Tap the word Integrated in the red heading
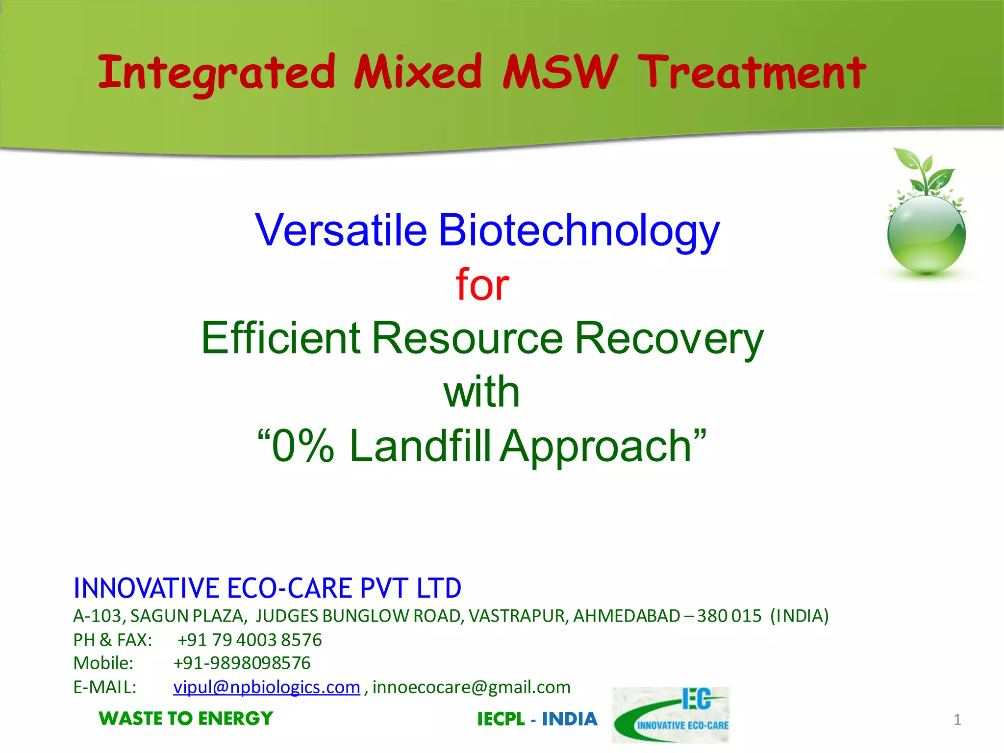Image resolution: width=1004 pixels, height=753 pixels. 216,74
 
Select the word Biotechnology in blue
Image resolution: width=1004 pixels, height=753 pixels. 578,230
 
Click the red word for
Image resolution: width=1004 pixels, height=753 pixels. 482,284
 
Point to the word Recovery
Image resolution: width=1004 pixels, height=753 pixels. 669,338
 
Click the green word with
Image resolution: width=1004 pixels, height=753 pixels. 481,392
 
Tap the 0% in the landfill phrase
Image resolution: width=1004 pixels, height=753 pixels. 303,446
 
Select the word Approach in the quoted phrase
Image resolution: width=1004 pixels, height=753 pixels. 596,446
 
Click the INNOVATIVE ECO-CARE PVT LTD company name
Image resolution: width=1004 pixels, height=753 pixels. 267,588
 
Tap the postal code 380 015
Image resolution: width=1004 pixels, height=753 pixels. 729,616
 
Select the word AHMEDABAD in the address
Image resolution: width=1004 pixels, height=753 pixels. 627,616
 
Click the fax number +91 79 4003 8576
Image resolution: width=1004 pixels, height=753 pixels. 250,640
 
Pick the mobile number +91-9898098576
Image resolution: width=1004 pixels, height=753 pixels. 242,663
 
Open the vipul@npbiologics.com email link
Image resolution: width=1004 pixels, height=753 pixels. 267,687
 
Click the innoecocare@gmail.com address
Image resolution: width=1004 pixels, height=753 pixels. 471,687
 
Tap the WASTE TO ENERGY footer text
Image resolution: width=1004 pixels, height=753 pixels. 186,719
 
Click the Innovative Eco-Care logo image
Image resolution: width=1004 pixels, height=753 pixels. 671,715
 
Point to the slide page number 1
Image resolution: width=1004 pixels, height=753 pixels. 957,720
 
